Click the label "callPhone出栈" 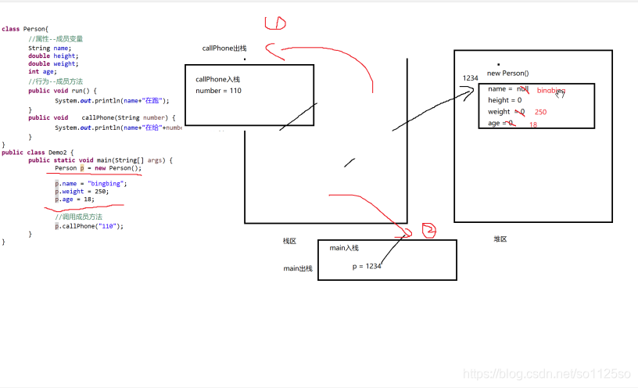point(224,48)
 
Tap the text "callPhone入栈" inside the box point(218,79)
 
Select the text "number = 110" point(218,91)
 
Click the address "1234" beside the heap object point(470,78)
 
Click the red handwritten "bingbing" point(551,91)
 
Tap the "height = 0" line point(504,100)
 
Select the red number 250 point(541,112)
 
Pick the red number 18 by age point(533,124)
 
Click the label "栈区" point(290,241)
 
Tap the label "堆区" point(500,239)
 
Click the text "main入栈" point(344,248)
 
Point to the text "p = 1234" point(367,266)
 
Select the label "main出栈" point(298,268)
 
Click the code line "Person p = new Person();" point(99,168)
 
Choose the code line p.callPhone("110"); point(89,226)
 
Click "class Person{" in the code point(25,29)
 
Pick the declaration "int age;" point(44,72)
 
